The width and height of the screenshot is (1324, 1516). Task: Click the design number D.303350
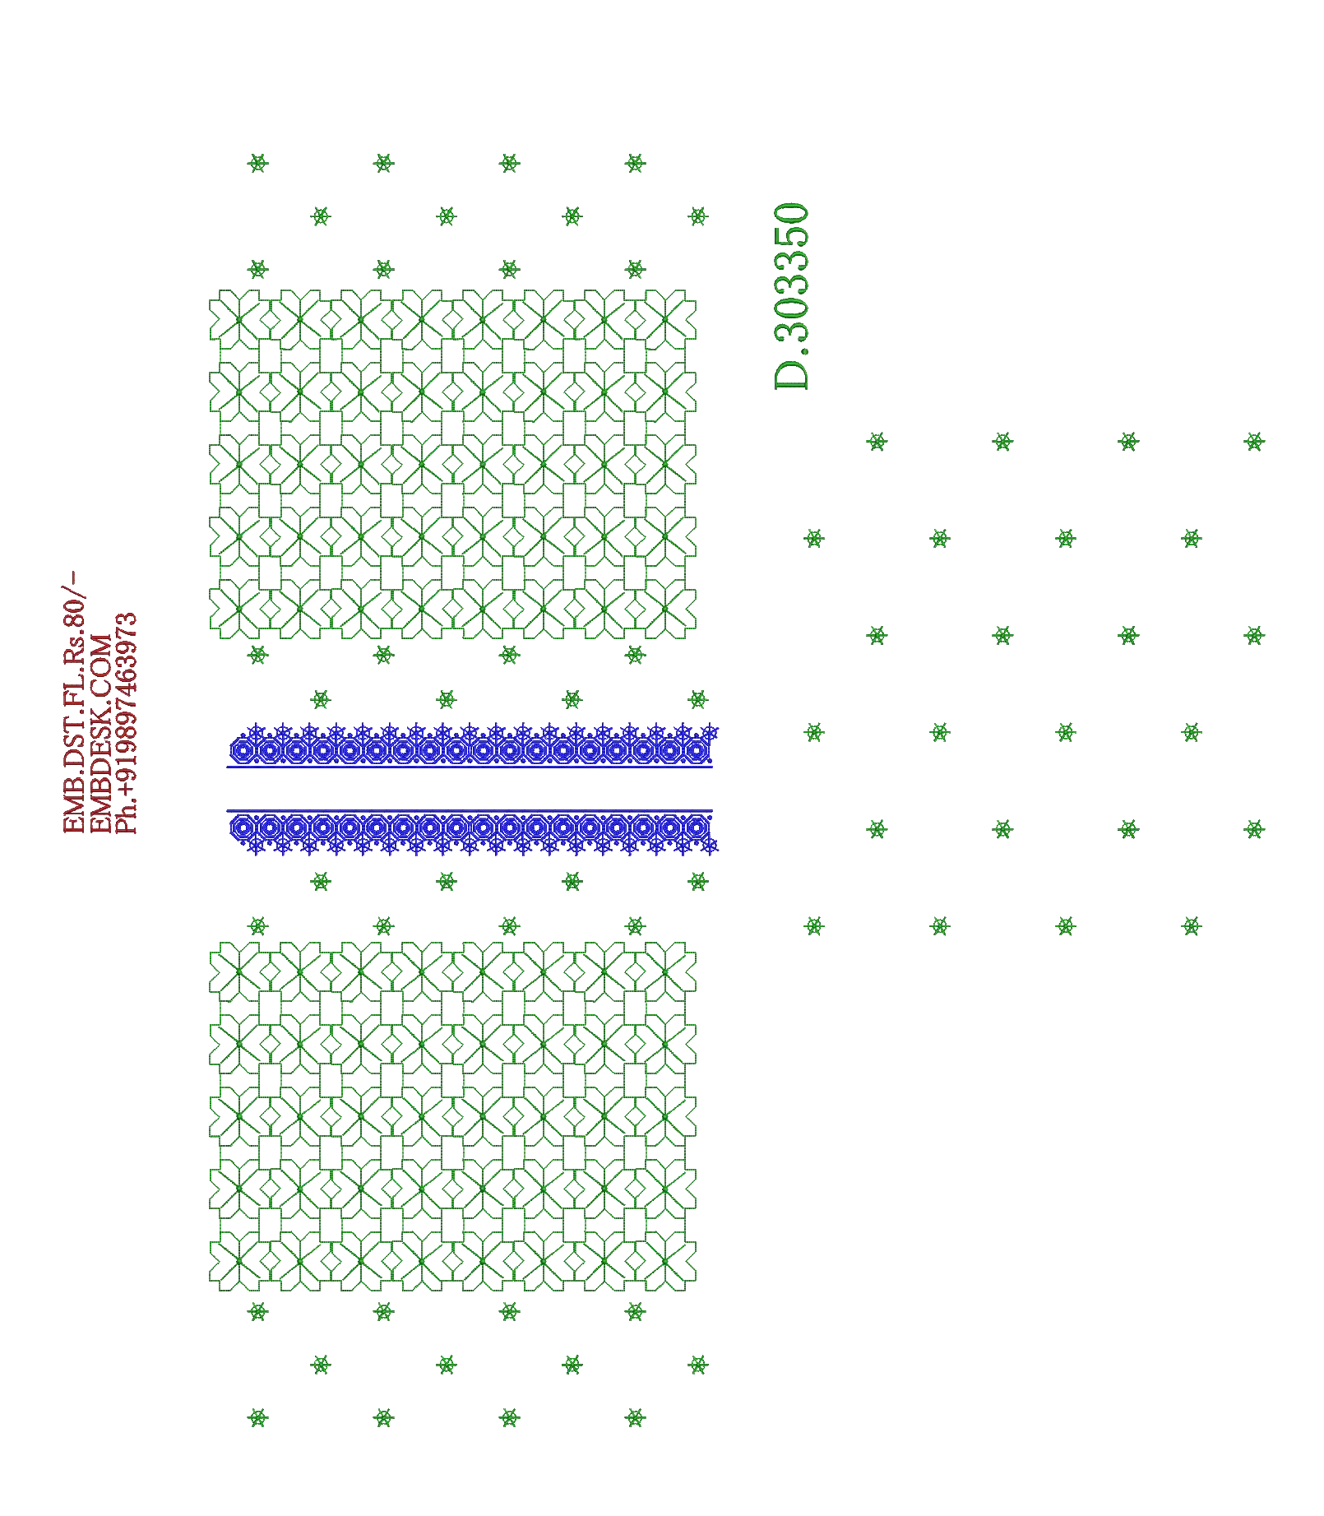(792, 296)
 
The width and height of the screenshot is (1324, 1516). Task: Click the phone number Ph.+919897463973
(126, 723)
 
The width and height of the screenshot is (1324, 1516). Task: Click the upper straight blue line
(470, 767)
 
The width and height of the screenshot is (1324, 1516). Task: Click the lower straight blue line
(470, 811)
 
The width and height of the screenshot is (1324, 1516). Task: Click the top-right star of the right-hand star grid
(1254, 442)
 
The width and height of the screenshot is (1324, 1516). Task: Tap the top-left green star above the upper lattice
(257, 163)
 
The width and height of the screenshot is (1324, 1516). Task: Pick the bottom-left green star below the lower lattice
(257, 1417)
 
